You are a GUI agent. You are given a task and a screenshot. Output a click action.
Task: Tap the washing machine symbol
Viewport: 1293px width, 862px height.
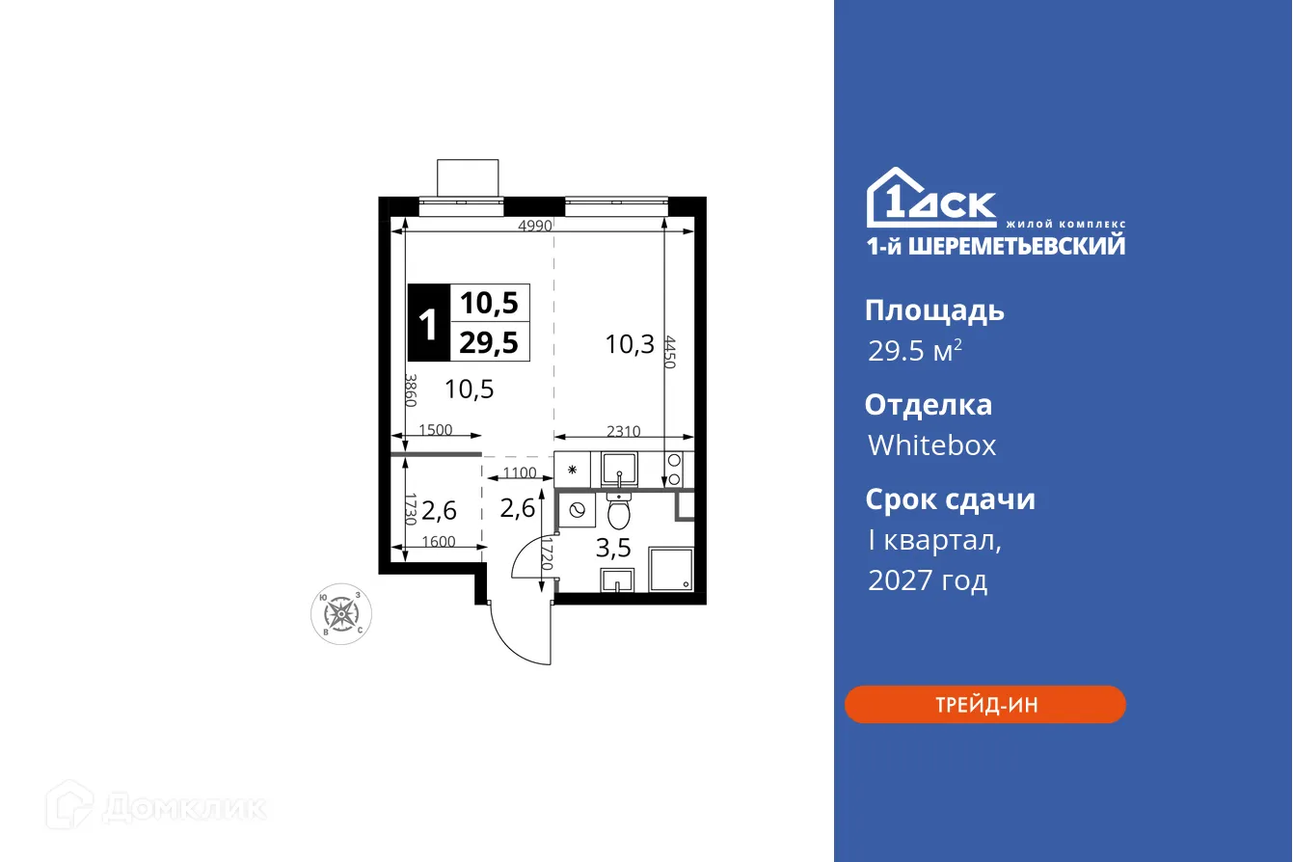click(577, 512)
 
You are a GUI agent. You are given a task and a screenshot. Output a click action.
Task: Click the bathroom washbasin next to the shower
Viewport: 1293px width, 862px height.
click(617, 579)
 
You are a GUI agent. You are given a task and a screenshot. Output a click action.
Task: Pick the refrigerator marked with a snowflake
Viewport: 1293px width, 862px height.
click(573, 471)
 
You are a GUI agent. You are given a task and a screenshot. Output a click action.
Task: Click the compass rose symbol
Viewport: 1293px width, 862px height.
click(339, 612)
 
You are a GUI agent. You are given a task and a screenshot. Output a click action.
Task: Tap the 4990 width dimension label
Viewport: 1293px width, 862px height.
click(534, 227)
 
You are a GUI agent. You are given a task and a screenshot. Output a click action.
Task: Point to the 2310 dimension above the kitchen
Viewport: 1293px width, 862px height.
click(623, 432)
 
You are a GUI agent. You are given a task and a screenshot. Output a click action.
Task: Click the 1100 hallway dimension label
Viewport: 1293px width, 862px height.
click(520, 473)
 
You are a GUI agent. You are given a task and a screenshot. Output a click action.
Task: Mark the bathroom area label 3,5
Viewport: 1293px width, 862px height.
click(613, 549)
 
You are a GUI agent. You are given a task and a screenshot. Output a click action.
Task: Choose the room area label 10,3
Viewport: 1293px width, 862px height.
click(630, 343)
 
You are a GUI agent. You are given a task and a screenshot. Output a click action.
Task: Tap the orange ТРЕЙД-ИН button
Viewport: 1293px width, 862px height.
click(984, 705)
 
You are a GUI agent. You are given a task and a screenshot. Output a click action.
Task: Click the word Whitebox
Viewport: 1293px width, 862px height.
click(931, 444)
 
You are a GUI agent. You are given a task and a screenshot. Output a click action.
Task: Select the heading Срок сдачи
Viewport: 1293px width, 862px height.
click(949, 499)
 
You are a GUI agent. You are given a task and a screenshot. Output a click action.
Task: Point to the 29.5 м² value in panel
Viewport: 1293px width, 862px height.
click(914, 351)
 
